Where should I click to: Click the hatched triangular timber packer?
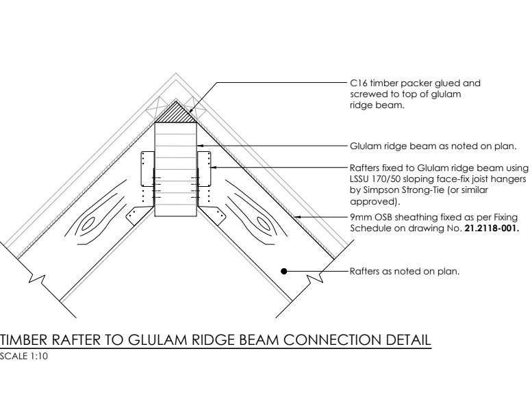pyautogui.click(x=176, y=114)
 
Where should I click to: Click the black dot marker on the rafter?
pyautogui.click(x=284, y=271)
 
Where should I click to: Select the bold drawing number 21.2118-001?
pyautogui.click(x=492, y=228)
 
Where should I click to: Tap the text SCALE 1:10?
pyautogui.click(x=24, y=357)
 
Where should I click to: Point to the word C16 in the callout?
pyautogui.click(x=358, y=83)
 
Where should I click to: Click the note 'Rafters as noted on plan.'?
pyautogui.click(x=405, y=271)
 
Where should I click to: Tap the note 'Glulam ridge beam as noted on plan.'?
pyautogui.click(x=433, y=146)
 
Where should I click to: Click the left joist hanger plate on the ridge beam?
pyautogui.click(x=148, y=169)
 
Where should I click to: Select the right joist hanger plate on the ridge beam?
pyautogui.click(x=204, y=169)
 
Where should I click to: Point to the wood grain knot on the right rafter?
pyautogui.click(x=263, y=224)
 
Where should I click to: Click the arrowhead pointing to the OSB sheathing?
pyautogui.click(x=297, y=217)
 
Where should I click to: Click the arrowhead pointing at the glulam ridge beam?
pyautogui.click(x=200, y=146)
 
